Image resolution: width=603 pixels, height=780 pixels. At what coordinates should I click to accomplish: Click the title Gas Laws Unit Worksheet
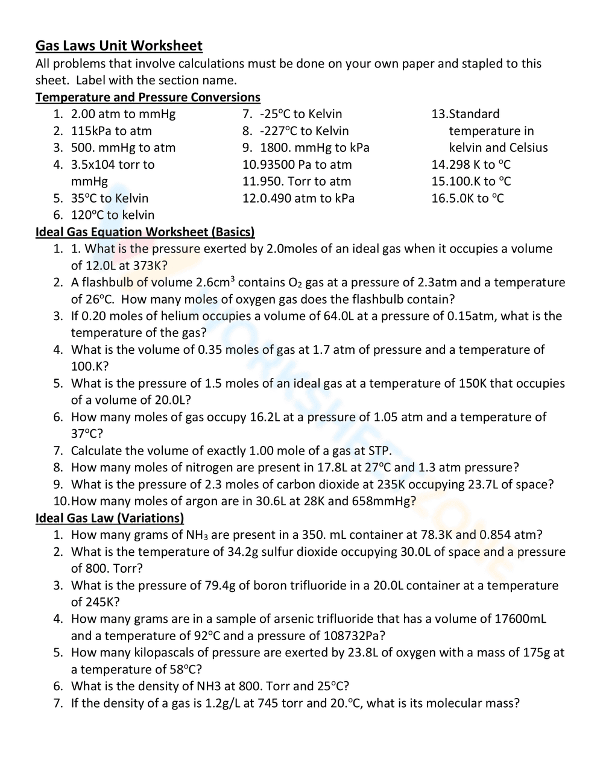point(119,46)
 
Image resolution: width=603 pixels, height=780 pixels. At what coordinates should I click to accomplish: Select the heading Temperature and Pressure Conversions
point(148,97)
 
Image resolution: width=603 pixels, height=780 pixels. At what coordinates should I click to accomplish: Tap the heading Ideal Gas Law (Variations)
point(110,518)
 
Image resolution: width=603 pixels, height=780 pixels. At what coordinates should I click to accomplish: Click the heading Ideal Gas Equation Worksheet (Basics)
point(145,232)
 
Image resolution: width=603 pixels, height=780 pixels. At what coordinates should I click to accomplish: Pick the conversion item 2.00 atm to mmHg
point(123,114)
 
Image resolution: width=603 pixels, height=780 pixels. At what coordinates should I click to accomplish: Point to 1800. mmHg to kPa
point(314,148)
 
